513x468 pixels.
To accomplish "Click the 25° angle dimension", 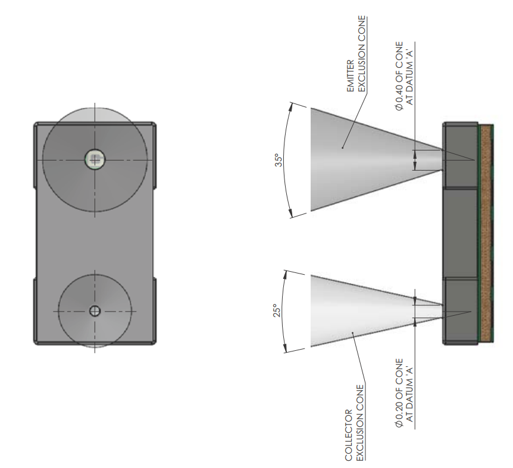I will (x=277, y=311).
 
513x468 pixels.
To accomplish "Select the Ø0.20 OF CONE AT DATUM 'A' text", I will (x=403, y=390).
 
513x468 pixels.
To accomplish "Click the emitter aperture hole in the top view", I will (x=95, y=159).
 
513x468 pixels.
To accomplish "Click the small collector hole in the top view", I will (x=95, y=311).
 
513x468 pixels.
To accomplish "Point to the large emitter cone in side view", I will (x=357, y=159).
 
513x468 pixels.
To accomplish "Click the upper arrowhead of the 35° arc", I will (x=291, y=105).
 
